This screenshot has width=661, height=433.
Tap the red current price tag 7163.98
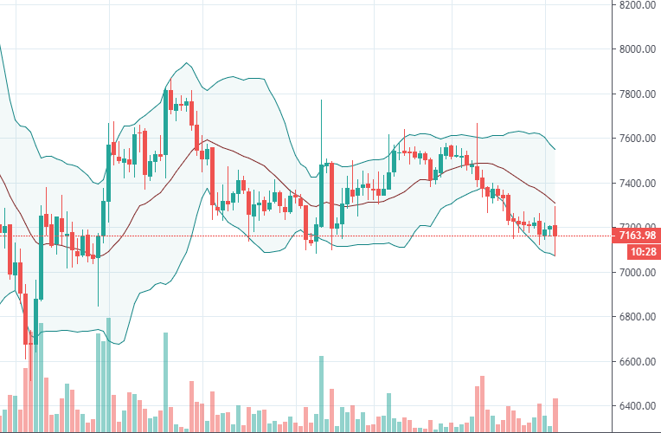point(635,236)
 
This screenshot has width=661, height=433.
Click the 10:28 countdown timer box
point(635,251)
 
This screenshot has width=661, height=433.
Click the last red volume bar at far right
point(555,414)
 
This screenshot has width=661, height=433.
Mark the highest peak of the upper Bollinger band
point(186,63)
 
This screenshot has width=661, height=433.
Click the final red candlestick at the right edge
point(555,229)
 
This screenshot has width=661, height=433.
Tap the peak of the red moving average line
point(205,139)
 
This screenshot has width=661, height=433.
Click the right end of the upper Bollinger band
point(555,149)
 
